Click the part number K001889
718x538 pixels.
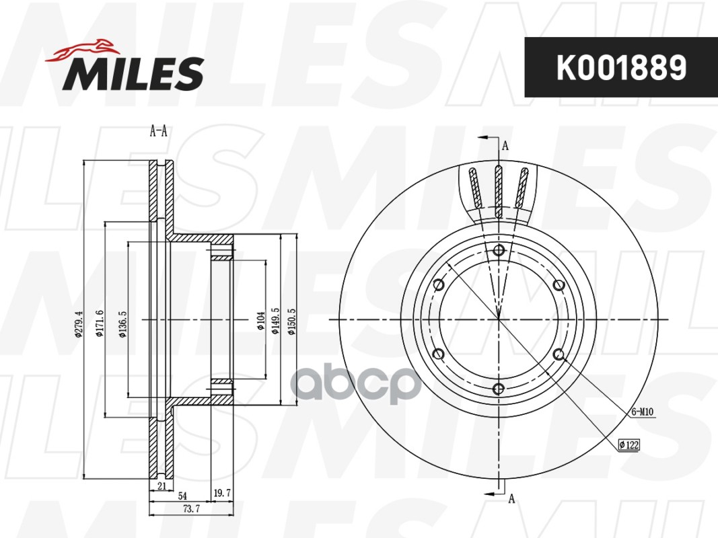[x=621, y=67]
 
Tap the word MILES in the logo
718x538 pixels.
[x=133, y=74]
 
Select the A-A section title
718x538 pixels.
[x=158, y=132]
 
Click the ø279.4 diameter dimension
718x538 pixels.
[x=78, y=324]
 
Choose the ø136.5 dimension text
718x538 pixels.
[x=122, y=324]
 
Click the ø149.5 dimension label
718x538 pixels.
[x=276, y=321]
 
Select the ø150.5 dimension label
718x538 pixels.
[x=292, y=321]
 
